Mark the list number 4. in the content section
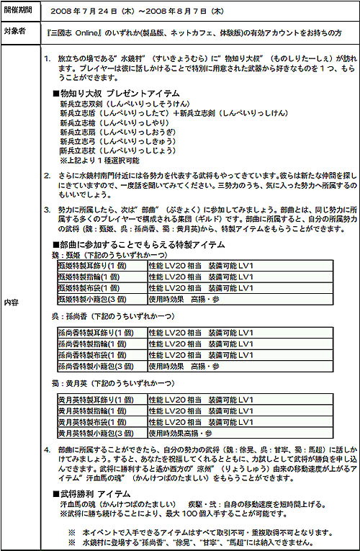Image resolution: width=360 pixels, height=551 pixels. click(x=47, y=449)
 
